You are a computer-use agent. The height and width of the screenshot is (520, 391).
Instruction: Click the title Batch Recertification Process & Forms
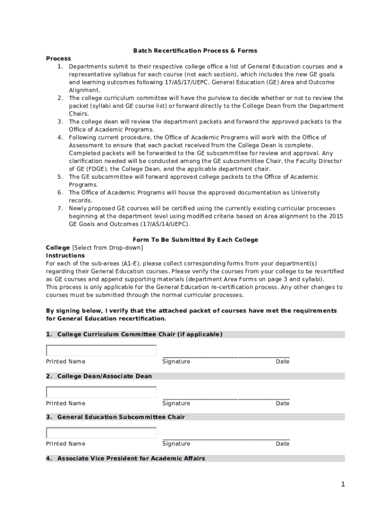tap(195, 51)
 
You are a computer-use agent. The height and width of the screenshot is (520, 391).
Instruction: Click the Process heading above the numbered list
tap(58, 58)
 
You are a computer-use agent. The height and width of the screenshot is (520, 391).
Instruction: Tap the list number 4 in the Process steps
tap(59, 137)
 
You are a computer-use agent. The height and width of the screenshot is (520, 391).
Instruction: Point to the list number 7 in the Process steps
tap(59, 208)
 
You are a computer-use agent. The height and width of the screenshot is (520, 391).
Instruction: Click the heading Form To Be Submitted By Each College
tap(195, 240)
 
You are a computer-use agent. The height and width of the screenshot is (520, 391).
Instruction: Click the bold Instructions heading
tap(65, 255)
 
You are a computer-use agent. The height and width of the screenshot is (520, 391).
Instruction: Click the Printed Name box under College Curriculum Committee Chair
tap(101, 350)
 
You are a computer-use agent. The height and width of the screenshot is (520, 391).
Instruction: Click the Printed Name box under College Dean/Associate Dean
tap(101, 392)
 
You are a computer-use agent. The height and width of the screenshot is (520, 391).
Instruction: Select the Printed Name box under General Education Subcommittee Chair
tap(101, 433)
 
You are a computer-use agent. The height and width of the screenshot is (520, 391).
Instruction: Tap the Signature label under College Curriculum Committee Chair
tap(176, 362)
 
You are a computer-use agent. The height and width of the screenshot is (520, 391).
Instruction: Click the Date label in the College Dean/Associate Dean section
tap(282, 403)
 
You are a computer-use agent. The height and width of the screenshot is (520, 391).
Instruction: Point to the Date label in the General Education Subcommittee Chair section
tap(282, 444)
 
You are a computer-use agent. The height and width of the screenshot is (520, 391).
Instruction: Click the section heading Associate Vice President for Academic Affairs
tap(131, 459)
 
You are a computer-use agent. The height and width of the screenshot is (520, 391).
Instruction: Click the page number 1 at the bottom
tap(343, 484)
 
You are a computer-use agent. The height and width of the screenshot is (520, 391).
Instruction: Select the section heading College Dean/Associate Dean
tap(104, 376)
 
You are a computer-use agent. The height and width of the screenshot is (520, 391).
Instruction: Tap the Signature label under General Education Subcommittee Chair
tap(176, 444)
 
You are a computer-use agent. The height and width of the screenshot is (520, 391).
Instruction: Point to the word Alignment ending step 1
tap(84, 90)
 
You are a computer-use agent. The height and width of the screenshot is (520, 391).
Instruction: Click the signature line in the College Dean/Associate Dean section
tap(226, 398)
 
